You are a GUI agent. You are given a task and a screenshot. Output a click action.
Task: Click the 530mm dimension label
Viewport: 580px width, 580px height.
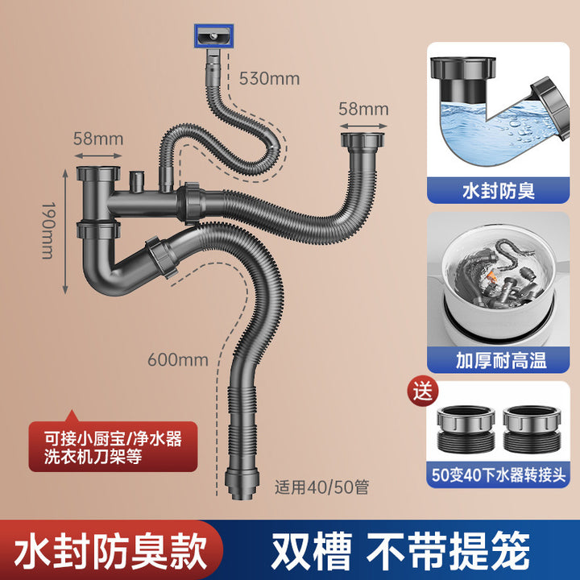(269, 79)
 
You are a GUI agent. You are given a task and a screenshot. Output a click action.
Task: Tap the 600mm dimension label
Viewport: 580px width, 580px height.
(177, 360)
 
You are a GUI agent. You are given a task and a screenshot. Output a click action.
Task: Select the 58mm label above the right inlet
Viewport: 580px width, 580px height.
(363, 109)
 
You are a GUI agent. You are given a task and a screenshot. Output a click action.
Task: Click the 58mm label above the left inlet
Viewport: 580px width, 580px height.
(97, 139)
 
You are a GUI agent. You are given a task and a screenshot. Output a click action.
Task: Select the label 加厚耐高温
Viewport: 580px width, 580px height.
(499, 359)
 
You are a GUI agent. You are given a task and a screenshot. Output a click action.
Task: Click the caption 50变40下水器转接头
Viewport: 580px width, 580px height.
(499, 475)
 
